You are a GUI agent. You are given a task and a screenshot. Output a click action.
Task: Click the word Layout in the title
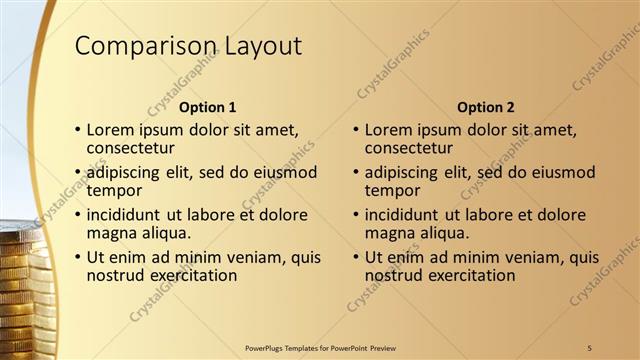[x=257, y=46]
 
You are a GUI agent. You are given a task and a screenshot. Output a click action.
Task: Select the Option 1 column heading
[x=208, y=107]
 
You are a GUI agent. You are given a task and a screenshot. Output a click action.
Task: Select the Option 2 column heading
[x=485, y=107]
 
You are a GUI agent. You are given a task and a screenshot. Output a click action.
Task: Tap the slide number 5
[x=590, y=347]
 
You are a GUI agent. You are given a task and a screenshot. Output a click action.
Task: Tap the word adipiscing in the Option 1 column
[x=127, y=172]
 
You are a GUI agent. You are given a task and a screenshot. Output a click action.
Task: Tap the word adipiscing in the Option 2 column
[x=405, y=172]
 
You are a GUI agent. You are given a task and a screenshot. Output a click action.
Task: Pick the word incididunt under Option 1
[x=125, y=215]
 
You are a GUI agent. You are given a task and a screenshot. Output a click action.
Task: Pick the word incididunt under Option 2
[x=403, y=215]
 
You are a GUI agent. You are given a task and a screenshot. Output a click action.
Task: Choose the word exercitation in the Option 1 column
[x=191, y=274]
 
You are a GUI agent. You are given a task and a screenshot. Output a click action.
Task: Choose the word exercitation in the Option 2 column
[x=469, y=274]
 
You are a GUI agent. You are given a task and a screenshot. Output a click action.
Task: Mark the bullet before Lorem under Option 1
[x=77, y=130]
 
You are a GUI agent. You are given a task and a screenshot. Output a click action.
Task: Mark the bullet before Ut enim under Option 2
[x=355, y=258]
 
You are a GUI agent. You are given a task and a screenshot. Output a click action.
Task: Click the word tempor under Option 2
[x=393, y=190]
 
